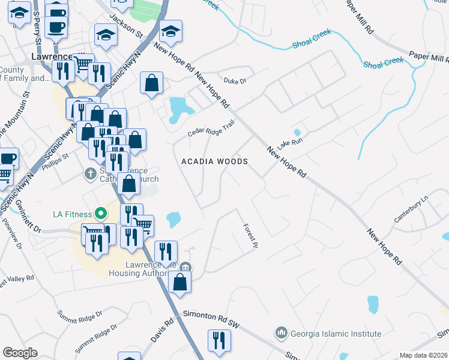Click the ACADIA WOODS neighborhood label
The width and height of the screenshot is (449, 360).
[215, 162]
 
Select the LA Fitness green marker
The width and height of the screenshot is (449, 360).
[101, 214]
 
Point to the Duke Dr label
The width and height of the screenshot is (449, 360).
[235, 80]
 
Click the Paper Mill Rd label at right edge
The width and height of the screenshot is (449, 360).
[429, 58]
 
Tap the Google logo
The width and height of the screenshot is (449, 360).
[20, 353]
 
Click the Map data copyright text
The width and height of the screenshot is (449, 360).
[423, 355]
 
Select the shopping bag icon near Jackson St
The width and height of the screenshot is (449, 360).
[152, 83]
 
